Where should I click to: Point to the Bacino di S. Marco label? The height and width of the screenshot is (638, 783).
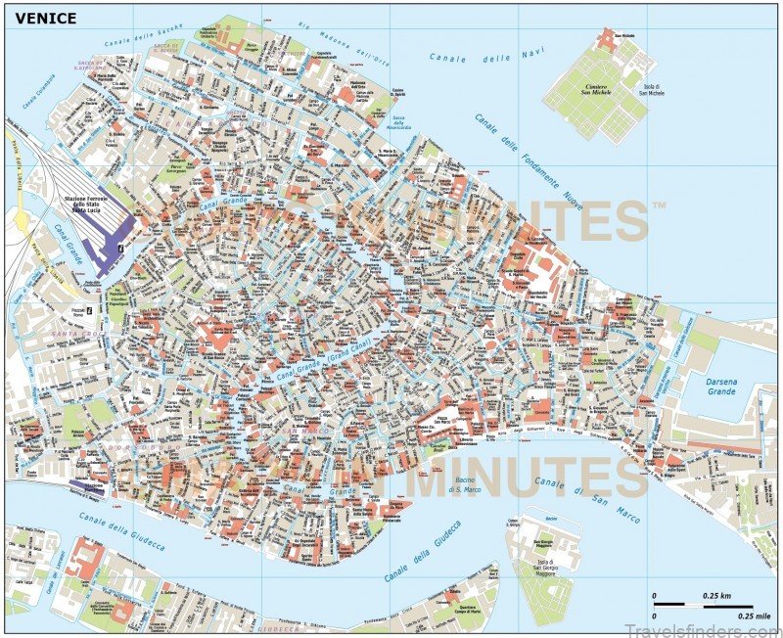467,485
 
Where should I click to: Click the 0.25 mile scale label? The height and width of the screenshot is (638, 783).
718,615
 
